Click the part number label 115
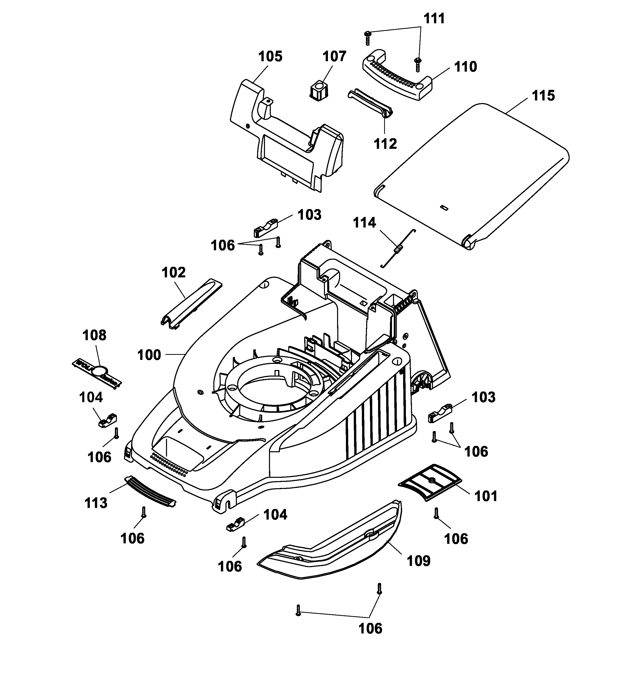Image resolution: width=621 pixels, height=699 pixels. pyautogui.click(x=543, y=95)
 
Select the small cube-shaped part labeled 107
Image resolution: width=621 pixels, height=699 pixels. pyautogui.click(x=318, y=91)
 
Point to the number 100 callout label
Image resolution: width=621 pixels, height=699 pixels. pyautogui.click(x=149, y=355)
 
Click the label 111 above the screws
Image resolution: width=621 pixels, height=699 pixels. pyautogui.click(x=434, y=18)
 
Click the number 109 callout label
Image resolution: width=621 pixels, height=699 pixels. pyautogui.click(x=419, y=561)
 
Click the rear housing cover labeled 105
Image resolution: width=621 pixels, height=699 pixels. pyautogui.click(x=287, y=137)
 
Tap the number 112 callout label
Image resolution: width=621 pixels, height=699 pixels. pyautogui.click(x=385, y=144)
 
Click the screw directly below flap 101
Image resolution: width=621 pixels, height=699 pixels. pyautogui.click(x=436, y=513)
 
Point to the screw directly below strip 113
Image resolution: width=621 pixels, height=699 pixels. pyautogui.click(x=144, y=512)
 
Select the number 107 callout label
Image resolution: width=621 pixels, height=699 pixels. pyautogui.click(x=335, y=56)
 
